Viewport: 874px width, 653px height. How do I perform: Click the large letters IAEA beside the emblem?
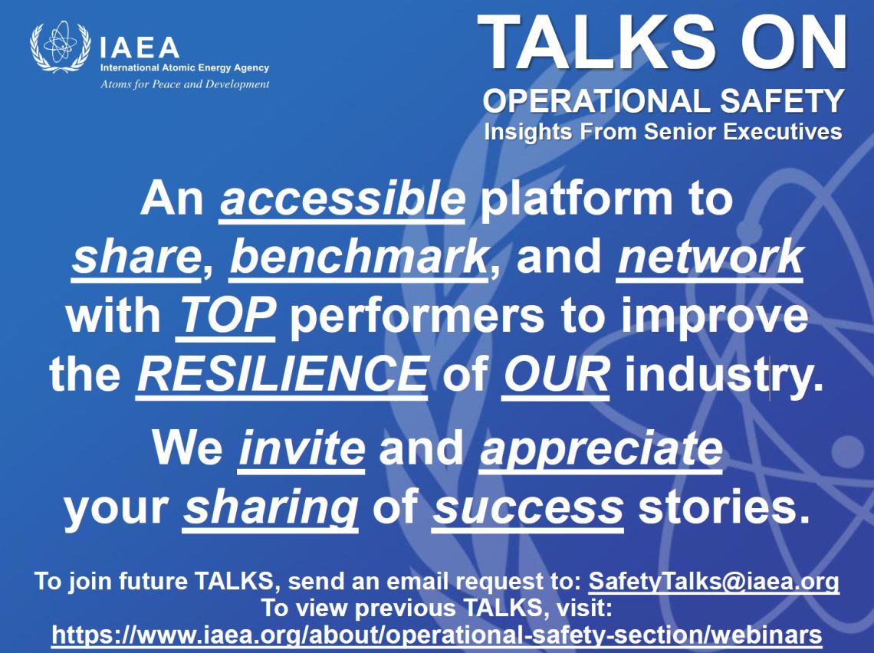(140, 48)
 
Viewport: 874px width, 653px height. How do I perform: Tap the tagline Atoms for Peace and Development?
(185, 84)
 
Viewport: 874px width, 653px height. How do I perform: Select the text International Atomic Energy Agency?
(185, 68)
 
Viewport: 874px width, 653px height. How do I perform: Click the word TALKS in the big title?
(596, 42)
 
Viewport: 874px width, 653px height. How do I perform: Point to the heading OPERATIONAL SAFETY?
(663, 101)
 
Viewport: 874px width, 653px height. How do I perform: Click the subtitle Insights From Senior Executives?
(663, 132)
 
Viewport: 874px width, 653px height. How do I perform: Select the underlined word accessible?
(342, 199)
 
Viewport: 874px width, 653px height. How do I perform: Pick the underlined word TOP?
(225, 316)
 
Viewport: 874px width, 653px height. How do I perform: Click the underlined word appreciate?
(601, 450)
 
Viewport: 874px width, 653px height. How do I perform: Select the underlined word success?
(528, 508)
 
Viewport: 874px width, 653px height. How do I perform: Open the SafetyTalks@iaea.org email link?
(714, 582)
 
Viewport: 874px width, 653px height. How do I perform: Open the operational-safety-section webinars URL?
(436, 635)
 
